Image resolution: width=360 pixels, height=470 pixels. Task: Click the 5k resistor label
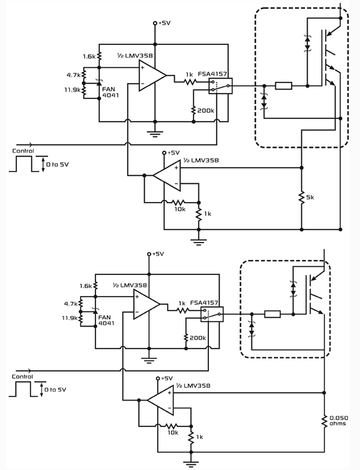tap(310, 198)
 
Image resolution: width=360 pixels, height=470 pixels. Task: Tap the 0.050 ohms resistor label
tap(339, 421)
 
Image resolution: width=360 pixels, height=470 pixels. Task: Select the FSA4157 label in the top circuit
tap(212, 74)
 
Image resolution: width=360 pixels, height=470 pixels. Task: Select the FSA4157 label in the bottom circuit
tap(204, 303)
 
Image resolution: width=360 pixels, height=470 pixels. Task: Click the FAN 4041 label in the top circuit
tap(110, 92)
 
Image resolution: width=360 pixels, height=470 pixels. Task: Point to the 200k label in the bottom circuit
tap(197, 338)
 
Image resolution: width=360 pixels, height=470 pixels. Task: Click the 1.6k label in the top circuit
tap(89, 56)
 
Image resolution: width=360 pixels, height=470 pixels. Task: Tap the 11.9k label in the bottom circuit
tap(70, 318)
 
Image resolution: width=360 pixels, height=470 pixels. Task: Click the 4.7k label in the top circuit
tap(73, 75)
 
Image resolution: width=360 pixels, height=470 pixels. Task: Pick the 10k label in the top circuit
tap(180, 209)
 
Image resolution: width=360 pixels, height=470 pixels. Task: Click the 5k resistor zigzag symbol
tap(301, 197)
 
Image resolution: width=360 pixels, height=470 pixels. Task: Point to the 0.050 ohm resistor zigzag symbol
tap(324, 421)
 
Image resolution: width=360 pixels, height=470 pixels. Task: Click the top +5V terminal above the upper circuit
tap(155, 23)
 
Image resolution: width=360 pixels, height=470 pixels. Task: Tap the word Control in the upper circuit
tap(23, 151)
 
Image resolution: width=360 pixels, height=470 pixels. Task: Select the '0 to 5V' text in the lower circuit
tap(55, 390)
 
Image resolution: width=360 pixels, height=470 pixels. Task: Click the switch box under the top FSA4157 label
tap(220, 86)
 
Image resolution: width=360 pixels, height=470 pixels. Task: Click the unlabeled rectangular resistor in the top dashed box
tap(283, 86)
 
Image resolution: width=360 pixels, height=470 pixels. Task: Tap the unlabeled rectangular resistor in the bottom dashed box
tap(273, 314)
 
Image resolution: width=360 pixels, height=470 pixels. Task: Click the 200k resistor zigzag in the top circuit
tap(193, 110)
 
